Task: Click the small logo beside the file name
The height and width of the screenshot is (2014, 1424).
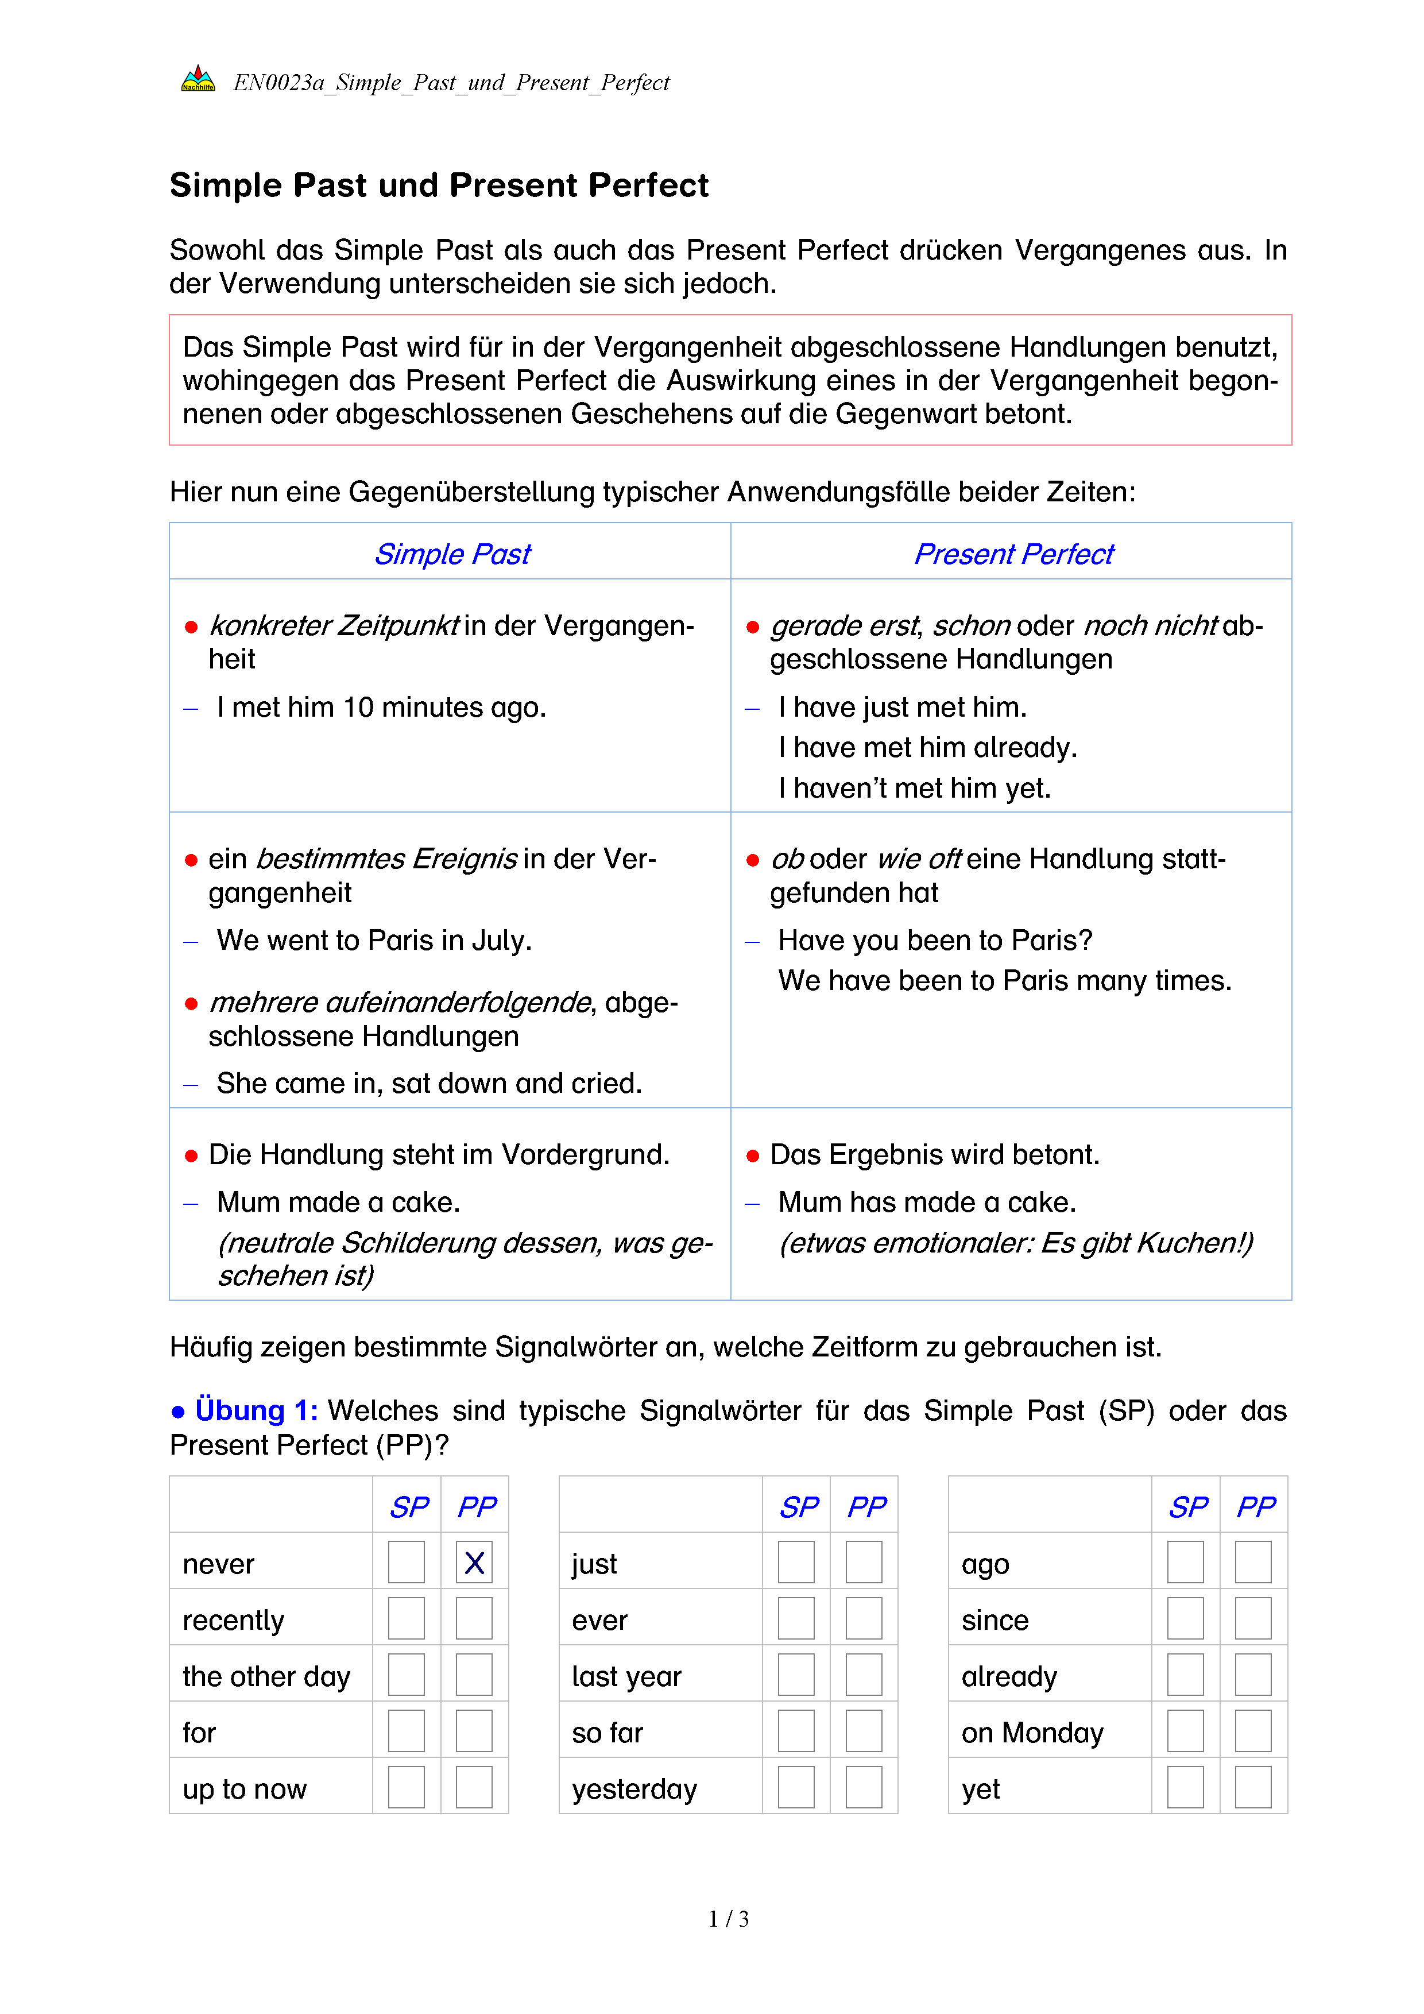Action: [x=198, y=79]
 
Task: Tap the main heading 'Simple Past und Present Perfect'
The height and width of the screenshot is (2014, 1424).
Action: [x=439, y=185]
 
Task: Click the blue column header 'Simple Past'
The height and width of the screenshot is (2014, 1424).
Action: [x=452, y=554]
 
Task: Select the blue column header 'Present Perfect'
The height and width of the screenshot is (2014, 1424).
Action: [x=1013, y=554]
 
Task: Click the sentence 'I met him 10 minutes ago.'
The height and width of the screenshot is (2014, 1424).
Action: [x=381, y=707]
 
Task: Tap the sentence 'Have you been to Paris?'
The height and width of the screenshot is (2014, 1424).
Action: [x=935, y=940]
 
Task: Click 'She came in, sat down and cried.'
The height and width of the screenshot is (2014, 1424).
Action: [x=429, y=1083]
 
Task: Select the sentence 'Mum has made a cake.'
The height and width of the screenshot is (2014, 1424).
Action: [x=927, y=1202]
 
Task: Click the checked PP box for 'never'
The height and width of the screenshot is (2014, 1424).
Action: [x=474, y=1562]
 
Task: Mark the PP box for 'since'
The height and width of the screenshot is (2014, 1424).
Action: [x=1253, y=1618]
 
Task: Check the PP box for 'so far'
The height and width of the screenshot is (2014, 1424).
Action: [x=864, y=1731]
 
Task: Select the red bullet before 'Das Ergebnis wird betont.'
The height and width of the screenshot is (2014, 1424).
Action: [x=752, y=1156]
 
